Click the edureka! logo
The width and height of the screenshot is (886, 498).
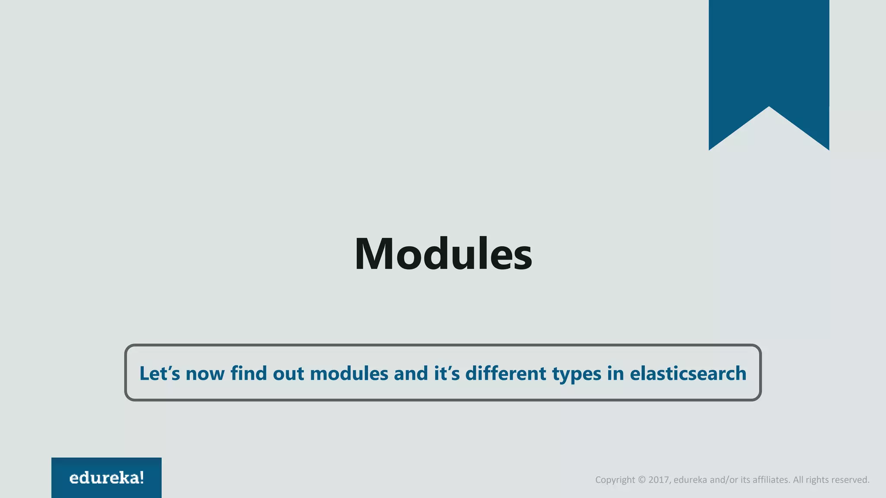point(106,478)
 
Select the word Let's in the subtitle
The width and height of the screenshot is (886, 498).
point(159,373)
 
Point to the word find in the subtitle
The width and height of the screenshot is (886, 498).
point(248,373)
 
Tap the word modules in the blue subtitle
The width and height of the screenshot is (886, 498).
point(349,373)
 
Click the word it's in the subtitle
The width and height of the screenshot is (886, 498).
point(447,373)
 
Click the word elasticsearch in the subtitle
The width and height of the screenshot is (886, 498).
point(688,373)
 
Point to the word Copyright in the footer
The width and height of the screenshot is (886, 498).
point(615,480)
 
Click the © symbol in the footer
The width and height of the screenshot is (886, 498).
point(642,480)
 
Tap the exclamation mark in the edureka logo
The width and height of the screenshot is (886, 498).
point(142,478)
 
